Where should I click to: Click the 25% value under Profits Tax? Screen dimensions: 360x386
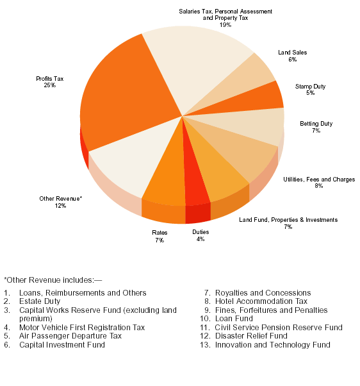(x=50, y=85)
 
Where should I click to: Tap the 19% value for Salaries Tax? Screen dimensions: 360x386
(x=225, y=25)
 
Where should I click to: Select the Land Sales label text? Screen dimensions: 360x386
(x=292, y=53)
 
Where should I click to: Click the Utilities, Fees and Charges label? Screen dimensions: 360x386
(x=319, y=180)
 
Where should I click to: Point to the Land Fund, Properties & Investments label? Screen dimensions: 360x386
(x=288, y=220)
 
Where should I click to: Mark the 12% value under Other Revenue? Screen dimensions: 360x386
(x=60, y=206)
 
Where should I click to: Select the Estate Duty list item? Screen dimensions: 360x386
(x=40, y=301)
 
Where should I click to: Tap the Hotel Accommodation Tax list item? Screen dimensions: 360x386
(x=261, y=301)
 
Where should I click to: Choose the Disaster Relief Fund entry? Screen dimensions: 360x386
(x=251, y=336)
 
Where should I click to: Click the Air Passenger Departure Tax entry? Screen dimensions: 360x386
(x=70, y=336)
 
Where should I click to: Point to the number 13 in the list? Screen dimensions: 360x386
(x=204, y=345)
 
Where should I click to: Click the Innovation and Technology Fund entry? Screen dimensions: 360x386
(x=273, y=345)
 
